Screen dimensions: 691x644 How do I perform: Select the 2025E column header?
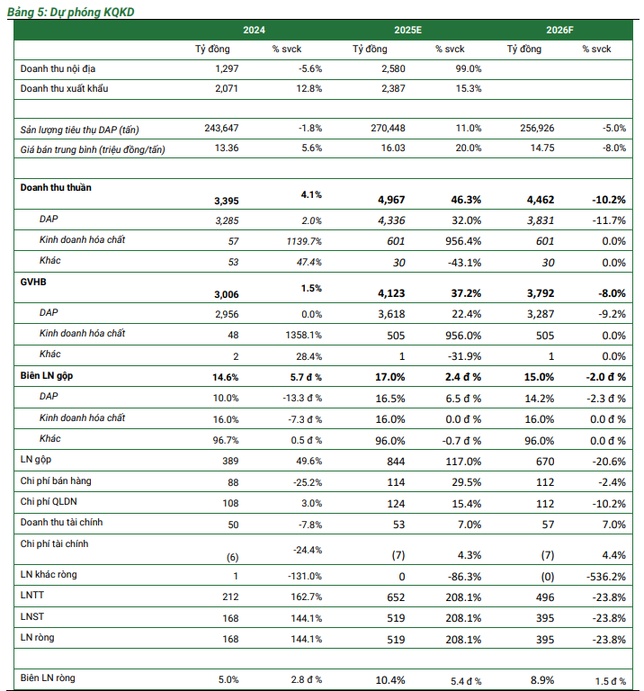click(407, 30)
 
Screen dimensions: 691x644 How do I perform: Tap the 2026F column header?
click(559, 30)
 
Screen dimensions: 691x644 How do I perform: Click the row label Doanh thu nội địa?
click(59, 68)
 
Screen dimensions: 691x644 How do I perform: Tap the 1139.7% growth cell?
click(303, 240)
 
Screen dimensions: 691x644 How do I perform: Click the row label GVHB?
click(32, 281)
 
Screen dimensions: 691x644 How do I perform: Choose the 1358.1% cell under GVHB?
click(303, 334)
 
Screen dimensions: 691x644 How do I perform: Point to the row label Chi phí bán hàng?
click(56, 481)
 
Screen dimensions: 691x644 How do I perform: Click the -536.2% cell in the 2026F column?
click(607, 575)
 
